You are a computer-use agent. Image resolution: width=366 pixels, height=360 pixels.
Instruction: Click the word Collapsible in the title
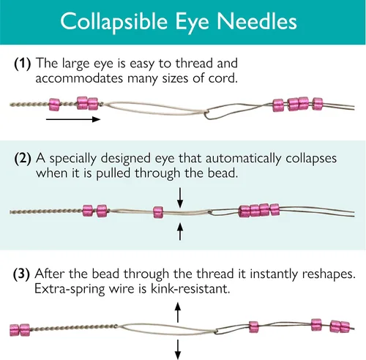(113, 22)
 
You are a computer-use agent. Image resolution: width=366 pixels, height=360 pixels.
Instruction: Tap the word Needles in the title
(257, 21)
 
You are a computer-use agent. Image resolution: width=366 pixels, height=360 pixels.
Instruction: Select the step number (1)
(23, 64)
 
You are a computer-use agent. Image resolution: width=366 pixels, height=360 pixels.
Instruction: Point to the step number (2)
(23, 159)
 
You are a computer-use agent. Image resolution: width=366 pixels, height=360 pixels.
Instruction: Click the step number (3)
(21, 274)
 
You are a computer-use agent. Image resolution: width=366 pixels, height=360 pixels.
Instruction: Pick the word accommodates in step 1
(79, 78)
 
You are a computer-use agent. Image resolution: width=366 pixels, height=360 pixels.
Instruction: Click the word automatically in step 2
(243, 159)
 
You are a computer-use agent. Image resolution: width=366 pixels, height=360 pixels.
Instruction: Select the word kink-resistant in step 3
(190, 289)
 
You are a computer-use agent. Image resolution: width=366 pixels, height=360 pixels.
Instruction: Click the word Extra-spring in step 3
(70, 289)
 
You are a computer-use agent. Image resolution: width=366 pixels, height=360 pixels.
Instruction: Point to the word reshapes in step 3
(329, 274)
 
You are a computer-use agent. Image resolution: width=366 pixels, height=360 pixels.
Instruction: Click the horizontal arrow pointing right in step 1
(73, 119)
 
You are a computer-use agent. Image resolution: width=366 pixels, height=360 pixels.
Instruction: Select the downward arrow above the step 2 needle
(180, 198)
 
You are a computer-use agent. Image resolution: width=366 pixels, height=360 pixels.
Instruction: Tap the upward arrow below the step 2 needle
(180, 231)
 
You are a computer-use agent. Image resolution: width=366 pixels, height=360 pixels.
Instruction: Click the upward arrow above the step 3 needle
(178, 312)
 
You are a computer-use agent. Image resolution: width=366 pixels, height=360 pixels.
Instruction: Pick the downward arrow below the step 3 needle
(178, 350)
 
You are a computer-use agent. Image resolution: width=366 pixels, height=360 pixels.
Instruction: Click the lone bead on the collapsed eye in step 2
(158, 212)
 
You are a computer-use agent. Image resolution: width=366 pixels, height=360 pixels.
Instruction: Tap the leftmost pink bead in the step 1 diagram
(54, 105)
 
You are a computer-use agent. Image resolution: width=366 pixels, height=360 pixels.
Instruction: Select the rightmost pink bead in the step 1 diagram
(318, 104)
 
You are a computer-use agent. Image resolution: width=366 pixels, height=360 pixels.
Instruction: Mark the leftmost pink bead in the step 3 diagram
(15, 330)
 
